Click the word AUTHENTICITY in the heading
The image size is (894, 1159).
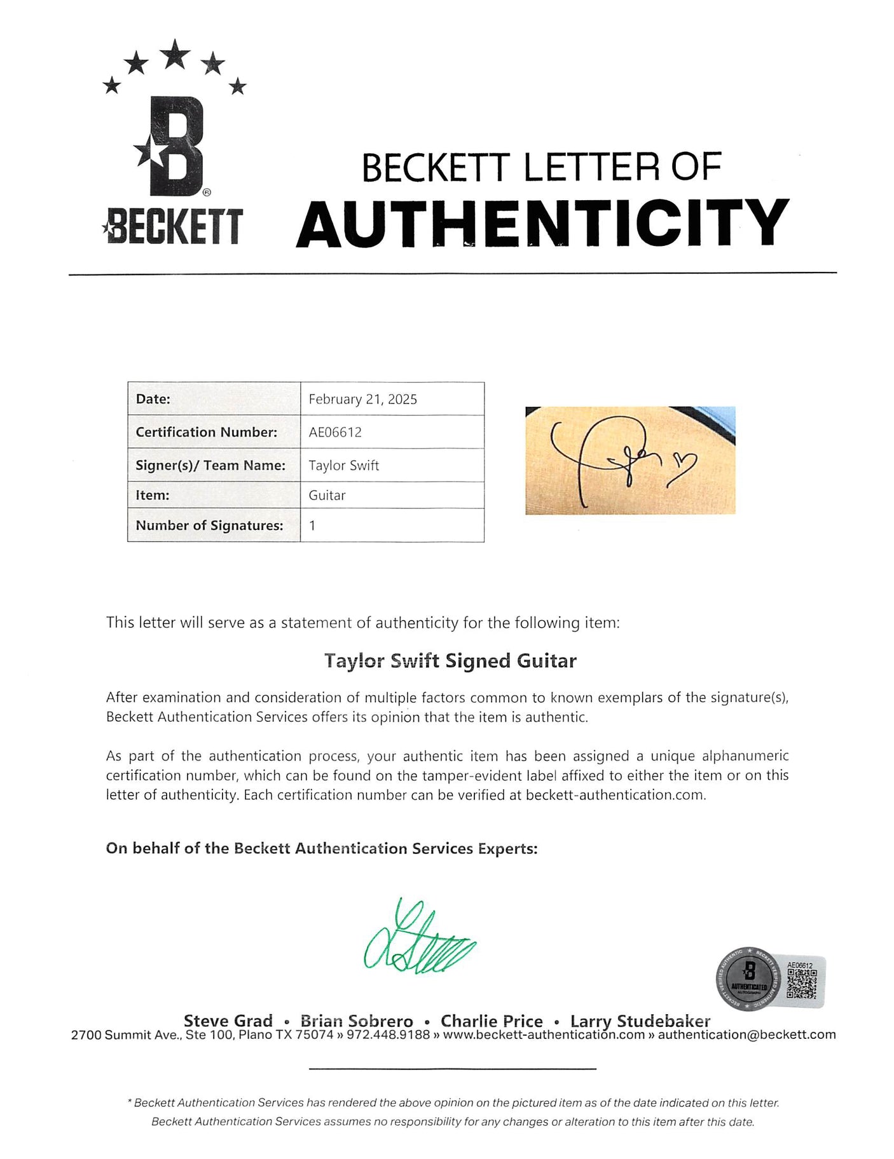[x=542, y=223]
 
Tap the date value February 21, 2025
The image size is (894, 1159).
[x=362, y=399]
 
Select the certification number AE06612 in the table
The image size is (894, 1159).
[x=335, y=432]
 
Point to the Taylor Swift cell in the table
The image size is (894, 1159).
[x=343, y=465]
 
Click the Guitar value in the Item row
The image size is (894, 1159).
[x=327, y=495]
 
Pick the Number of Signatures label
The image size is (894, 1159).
[x=209, y=525]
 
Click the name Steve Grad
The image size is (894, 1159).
[x=228, y=1020]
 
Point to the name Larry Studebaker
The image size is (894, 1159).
[x=640, y=1020]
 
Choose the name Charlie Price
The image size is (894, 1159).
[x=492, y=1020]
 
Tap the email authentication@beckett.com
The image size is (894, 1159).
[x=746, y=1034]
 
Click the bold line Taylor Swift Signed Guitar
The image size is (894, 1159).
[x=450, y=661]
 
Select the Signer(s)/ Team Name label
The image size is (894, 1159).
[x=210, y=465]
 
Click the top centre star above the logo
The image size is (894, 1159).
[x=175, y=55]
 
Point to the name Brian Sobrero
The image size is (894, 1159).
[x=357, y=1020]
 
